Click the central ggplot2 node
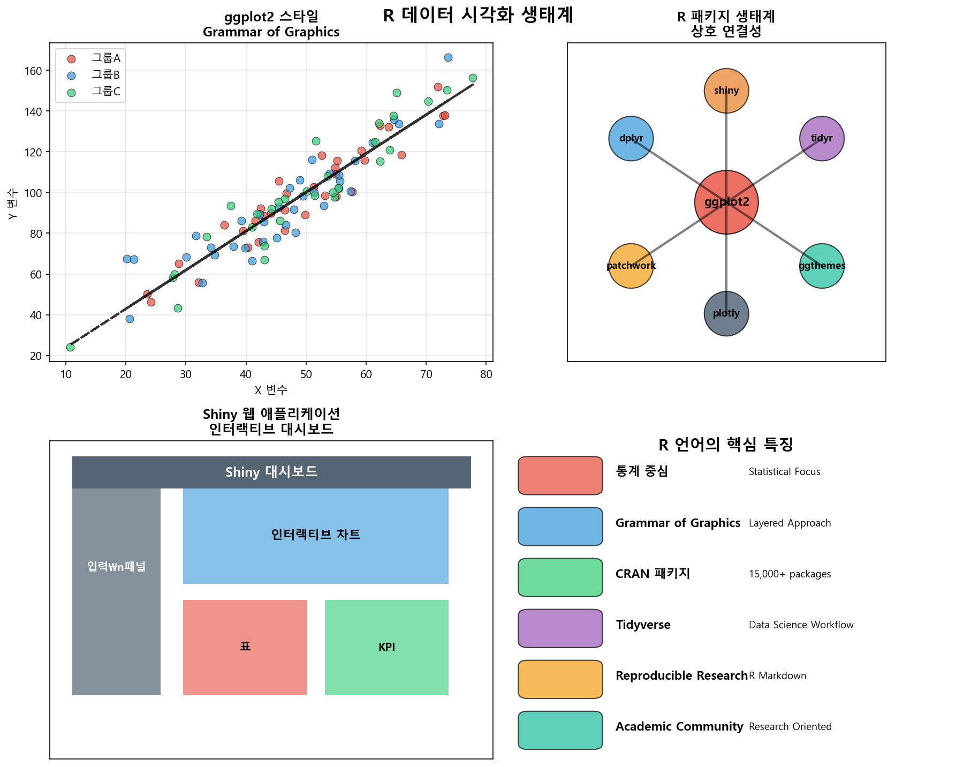(726, 202)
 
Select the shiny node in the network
(726, 91)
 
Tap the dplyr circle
(631, 138)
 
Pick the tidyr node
(822, 138)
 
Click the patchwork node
(631, 266)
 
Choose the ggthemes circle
(822, 266)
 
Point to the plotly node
(726, 313)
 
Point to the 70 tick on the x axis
(426, 374)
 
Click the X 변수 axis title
(271, 390)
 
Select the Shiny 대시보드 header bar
(271, 472)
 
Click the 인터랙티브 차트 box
(315, 535)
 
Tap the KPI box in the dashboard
(386, 647)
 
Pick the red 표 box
(245, 647)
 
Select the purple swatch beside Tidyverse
(560, 628)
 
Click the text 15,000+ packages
(790, 574)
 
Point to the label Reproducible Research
(681, 676)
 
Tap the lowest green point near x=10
(70, 347)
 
